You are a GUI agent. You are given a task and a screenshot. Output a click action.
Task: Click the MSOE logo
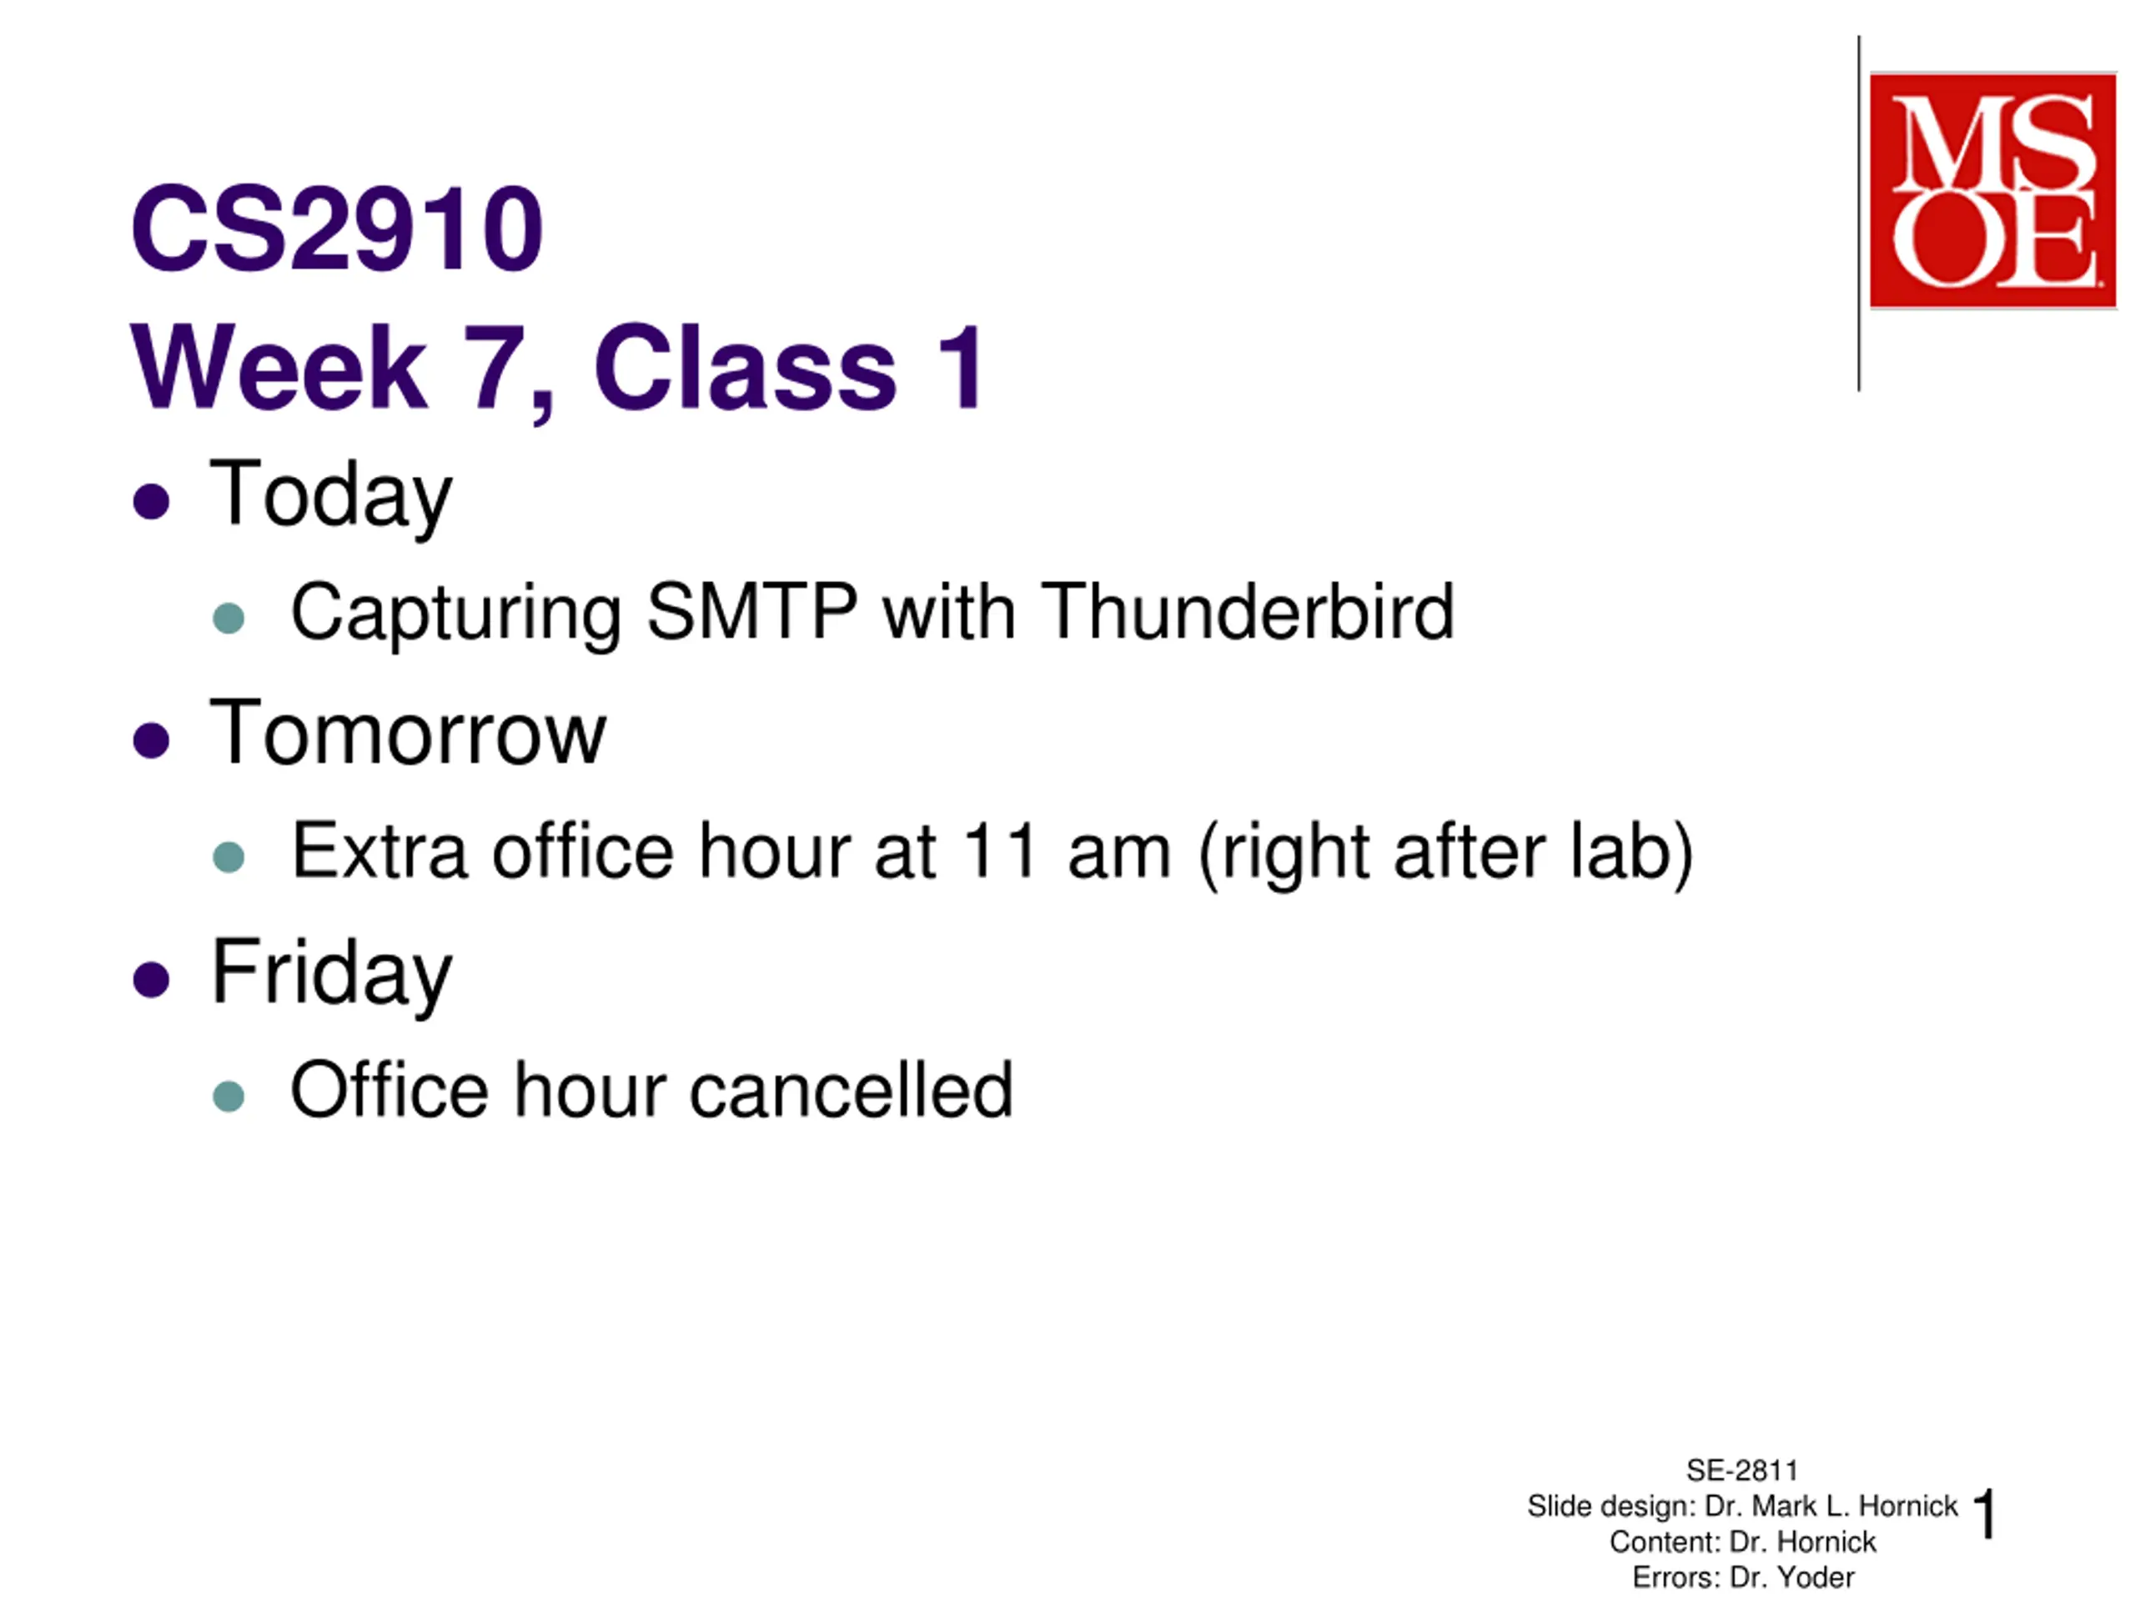tap(1992, 190)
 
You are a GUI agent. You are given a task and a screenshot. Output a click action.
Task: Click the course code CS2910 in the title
tap(337, 228)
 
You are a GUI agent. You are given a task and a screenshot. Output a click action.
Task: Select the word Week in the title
tap(279, 368)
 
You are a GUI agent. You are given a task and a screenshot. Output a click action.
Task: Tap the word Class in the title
tap(745, 368)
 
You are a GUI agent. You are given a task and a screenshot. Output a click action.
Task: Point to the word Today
tap(331, 496)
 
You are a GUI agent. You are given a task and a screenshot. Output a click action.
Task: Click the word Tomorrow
tap(407, 732)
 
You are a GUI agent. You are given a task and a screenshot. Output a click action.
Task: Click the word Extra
tap(379, 851)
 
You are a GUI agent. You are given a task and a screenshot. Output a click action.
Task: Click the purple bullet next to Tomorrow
tap(152, 741)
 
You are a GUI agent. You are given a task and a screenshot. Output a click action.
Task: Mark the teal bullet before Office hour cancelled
tap(229, 1096)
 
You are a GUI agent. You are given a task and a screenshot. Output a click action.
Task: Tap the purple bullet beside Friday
tap(152, 980)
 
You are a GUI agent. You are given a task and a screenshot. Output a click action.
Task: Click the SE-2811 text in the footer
tap(1742, 1470)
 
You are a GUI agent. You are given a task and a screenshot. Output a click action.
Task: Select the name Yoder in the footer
tap(1816, 1577)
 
